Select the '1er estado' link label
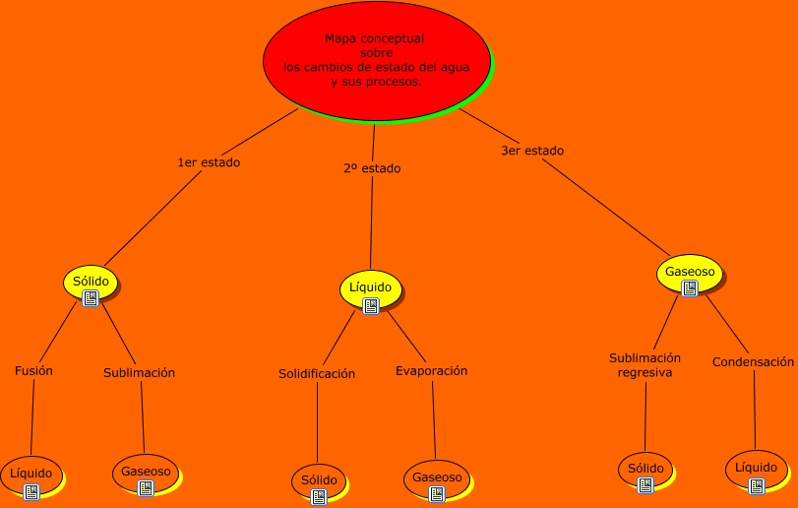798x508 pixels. [x=208, y=162]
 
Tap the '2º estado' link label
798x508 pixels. [x=372, y=168]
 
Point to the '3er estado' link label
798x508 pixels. [x=532, y=151]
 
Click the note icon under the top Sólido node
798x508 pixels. [x=91, y=297]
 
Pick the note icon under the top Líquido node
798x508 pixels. [x=371, y=305]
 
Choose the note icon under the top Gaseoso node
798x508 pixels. [x=691, y=287]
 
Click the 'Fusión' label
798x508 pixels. [x=34, y=371]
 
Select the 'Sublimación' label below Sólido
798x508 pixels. [x=139, y=373]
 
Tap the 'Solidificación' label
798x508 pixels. [x=317, y=374]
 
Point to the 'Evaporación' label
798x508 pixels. [x=431, y=371]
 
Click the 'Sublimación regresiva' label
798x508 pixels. [x=645, y=365]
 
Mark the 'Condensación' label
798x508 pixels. [x=753, y=361]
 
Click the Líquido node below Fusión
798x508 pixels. [x=31, y=474]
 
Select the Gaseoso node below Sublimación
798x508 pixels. [x=146, y=472]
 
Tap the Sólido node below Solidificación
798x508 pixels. [x=319, y=480]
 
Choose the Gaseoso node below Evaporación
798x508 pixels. [x=437, y=477]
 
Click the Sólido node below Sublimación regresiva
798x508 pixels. [x=645, y=469]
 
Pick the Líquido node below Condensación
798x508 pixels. [x=756, y=468]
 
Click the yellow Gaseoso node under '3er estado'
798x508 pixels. [x=690, y=272]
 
